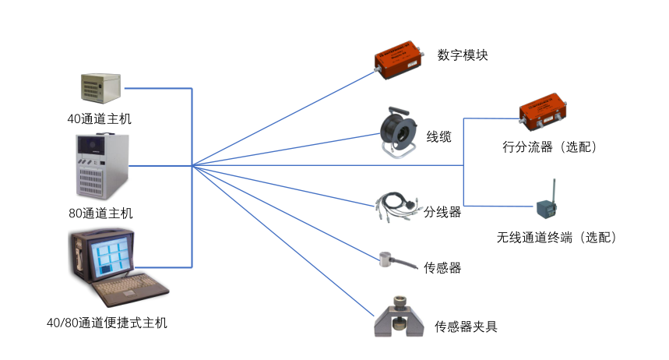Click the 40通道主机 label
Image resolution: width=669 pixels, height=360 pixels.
pos(99,118)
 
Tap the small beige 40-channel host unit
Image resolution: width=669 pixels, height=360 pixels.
pos(101,88)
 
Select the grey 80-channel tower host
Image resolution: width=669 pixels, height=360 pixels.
pos(102,166)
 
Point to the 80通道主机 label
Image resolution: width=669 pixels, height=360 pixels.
pos(100,213)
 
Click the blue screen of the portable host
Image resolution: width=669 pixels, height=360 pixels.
pos(111,256)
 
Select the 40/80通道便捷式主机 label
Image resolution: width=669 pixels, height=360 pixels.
pos(107,323)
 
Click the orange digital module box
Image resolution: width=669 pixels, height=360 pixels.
pos(400,60)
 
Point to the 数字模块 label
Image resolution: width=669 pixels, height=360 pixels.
pos(463,55)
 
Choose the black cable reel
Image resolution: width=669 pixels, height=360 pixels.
pos(398,132)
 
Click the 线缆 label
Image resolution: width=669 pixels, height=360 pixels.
pos(438,137)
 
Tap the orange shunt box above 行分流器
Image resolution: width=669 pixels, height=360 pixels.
pos(543,111)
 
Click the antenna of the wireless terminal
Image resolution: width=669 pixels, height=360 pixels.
pos(555,191)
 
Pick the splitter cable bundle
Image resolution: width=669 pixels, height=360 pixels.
pos(396,206)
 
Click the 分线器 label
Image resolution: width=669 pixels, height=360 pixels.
pos(442,212)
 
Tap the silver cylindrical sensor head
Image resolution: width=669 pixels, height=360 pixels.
pos(386,259)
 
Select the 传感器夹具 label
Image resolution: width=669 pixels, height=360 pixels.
pos(466,326)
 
